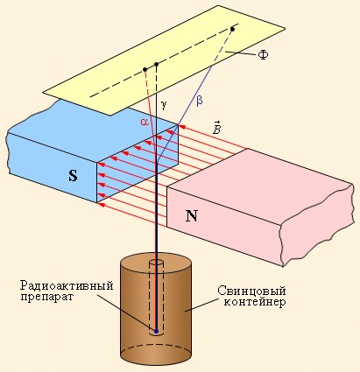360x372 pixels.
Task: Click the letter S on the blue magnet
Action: pyautogui.click(x=74, y=175)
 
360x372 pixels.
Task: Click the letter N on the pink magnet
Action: pyautogui.click(x=192, y=216)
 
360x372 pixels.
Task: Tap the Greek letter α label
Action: pyautogui.click(x=145, y=122)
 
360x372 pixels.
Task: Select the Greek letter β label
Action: pyautogui.click(x=200, y=101)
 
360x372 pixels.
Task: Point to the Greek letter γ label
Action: pyautogui.click(x=164, y=105)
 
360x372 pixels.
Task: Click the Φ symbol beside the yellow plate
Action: pyautogui.click(x=263, y=55)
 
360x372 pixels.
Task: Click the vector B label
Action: pyautogui.click(x=216, y=128)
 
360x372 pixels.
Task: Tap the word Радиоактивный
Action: pyautogui.click(x=67, y=285)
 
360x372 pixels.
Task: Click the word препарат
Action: pyautogui.click(x=47, y=297)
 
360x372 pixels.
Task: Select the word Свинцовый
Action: pyautogui.click(x=251, y=291)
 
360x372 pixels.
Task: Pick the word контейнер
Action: pyautogui.click(x=255, y=302)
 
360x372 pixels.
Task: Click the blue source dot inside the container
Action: pyautogui.click(x=156, y=331)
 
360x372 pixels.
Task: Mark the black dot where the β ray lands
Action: pyautogui.click(x=232, y=29)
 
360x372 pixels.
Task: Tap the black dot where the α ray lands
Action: pyautogui.click(x=145, y=69)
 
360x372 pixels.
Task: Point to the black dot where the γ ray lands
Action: pyautogui.click(x=157, y=64)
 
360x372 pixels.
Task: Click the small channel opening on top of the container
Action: pyautogui.click(x=156, y=262)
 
